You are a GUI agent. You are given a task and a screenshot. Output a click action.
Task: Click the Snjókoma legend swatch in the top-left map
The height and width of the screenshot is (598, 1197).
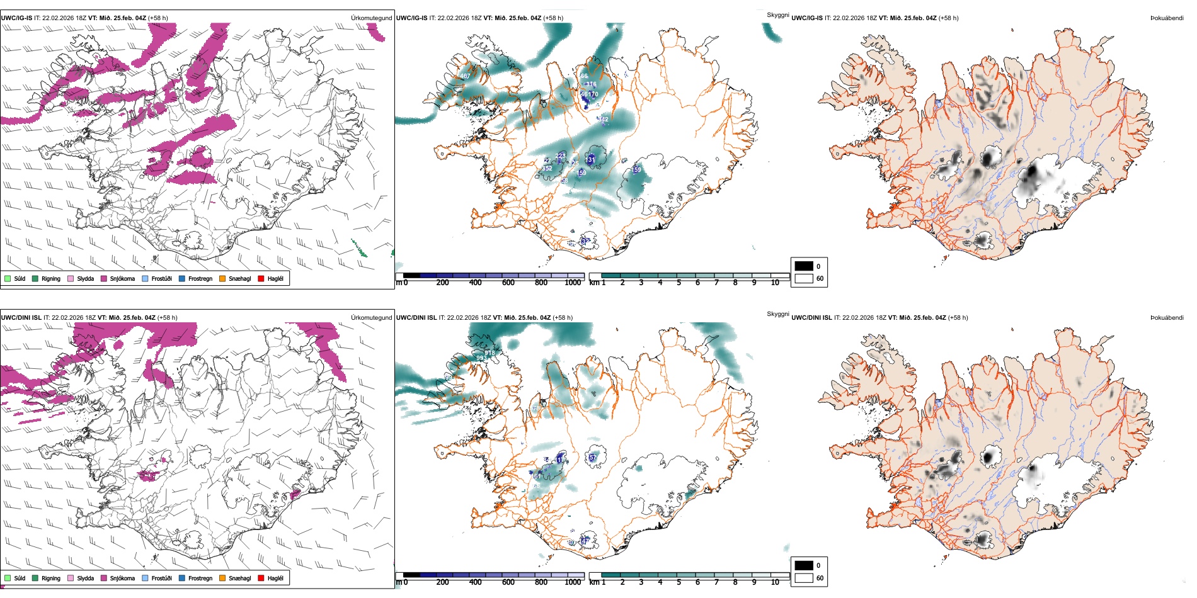(104, 278)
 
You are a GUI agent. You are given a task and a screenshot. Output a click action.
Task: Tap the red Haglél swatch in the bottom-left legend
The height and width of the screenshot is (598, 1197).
(261, 578)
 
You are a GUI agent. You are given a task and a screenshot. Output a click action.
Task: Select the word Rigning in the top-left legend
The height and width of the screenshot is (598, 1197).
(51, 278)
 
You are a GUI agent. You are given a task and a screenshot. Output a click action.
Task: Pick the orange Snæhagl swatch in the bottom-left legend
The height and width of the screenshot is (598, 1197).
(222, 578)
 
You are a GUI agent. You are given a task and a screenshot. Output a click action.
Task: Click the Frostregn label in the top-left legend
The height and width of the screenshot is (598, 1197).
(200, 278)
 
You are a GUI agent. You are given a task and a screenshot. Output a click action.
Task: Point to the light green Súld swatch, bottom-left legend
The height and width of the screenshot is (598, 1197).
(8, 578)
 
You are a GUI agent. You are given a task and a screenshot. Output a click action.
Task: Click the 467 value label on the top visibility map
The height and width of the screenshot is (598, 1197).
(465, 76)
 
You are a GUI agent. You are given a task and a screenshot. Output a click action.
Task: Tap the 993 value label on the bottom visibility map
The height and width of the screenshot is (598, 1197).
(481, 358)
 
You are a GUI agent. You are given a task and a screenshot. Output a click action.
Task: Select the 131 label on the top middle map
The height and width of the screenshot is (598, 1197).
(590, 160)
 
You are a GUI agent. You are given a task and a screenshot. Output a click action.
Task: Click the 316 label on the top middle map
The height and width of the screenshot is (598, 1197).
(591, 84)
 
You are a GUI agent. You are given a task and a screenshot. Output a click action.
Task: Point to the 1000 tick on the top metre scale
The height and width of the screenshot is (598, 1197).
(573, 283)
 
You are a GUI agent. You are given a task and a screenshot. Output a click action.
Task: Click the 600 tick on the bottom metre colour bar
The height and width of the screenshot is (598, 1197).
(508, 582)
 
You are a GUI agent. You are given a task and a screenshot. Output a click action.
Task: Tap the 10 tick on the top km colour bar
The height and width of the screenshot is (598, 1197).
(775, 283)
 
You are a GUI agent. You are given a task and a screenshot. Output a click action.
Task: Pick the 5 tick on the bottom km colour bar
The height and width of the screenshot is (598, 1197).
(679, 582)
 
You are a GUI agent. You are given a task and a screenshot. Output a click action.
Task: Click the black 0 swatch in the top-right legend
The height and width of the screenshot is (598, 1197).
(804, 266)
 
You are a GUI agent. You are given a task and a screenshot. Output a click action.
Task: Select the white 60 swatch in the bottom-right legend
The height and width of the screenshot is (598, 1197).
(804, 578)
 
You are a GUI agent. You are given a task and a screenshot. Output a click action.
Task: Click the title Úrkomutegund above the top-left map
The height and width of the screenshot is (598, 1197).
(371, 18)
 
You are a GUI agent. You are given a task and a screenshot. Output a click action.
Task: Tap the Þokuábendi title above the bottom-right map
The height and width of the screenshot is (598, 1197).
(1167, 318)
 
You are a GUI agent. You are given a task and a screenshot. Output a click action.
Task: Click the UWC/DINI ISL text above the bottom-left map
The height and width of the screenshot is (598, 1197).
(21, 318)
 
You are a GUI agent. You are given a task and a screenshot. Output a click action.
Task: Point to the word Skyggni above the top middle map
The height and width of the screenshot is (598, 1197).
(777, 15)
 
